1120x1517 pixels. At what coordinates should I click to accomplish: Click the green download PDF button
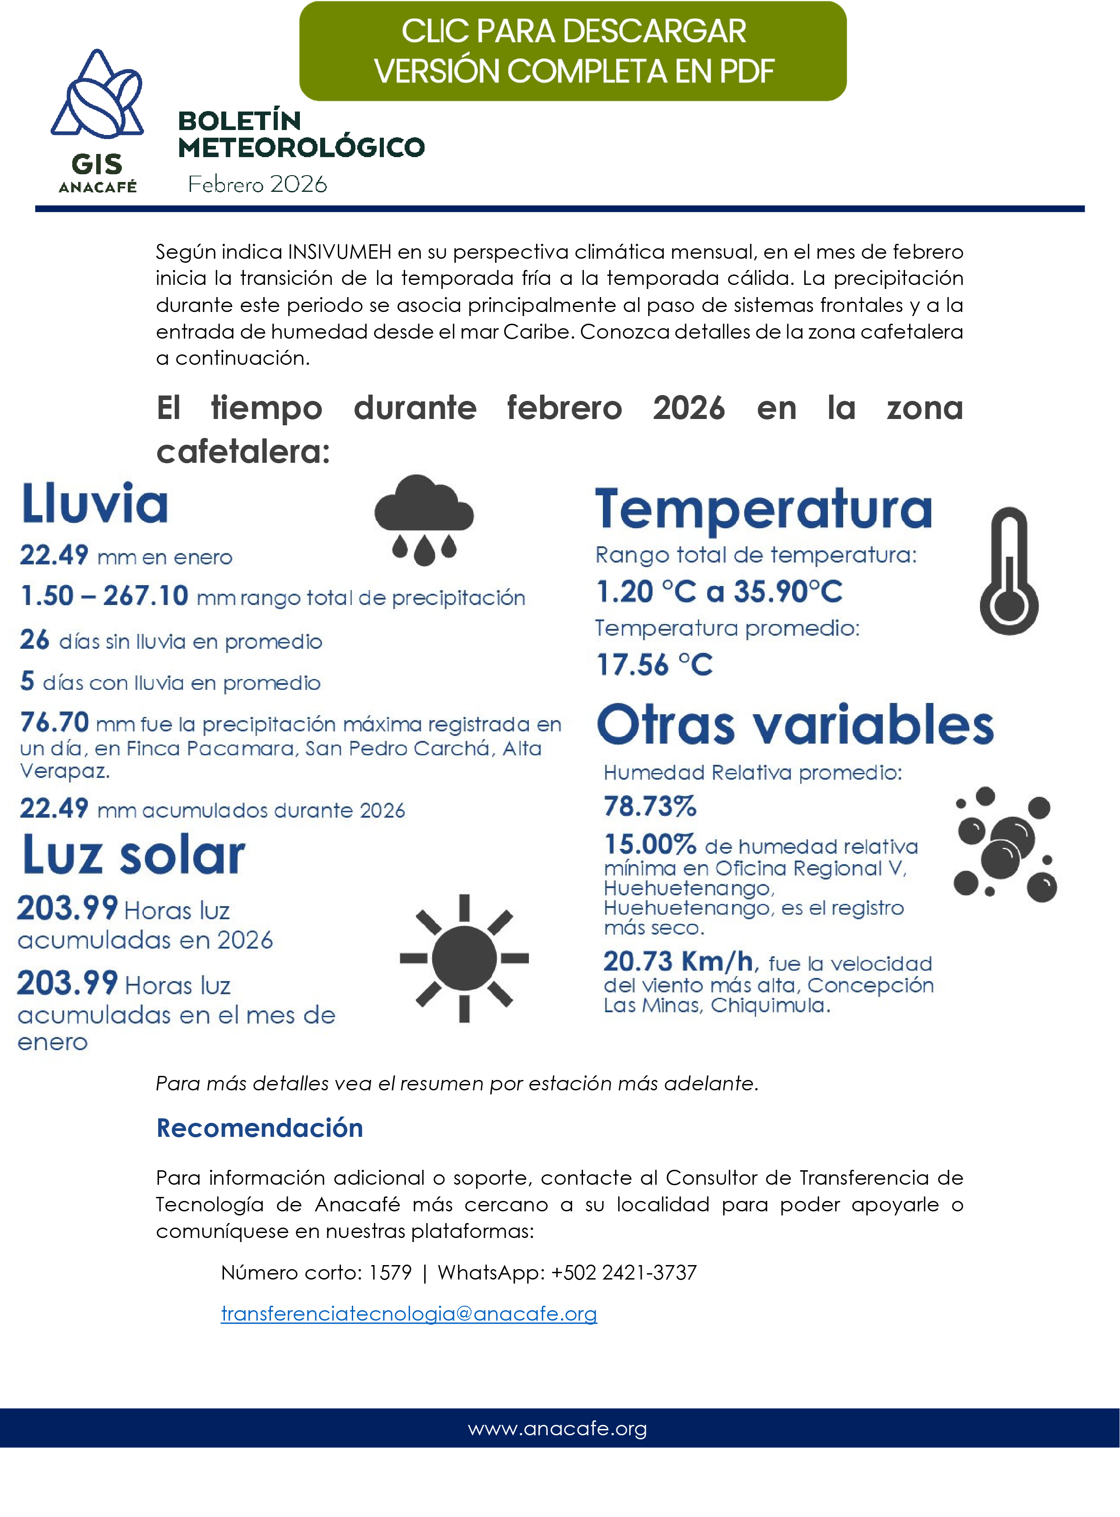[x=573, y=51]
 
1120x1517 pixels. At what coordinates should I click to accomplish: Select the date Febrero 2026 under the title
[x=257, y=184]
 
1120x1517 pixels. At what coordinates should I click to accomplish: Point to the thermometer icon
[x=1009, y=571]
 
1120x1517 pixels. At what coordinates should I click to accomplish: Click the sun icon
[x=464, y=958]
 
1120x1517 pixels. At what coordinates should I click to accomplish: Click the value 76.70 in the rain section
[x=54, y=722]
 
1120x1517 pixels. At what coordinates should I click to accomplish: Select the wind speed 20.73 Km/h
[x=678, y=961]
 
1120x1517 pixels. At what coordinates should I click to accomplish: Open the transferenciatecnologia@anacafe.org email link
[x=409, y=1314]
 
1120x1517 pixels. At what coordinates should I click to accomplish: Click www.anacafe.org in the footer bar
[x=557, y=1428]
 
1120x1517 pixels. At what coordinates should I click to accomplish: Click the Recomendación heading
[x=260, y=1128]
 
